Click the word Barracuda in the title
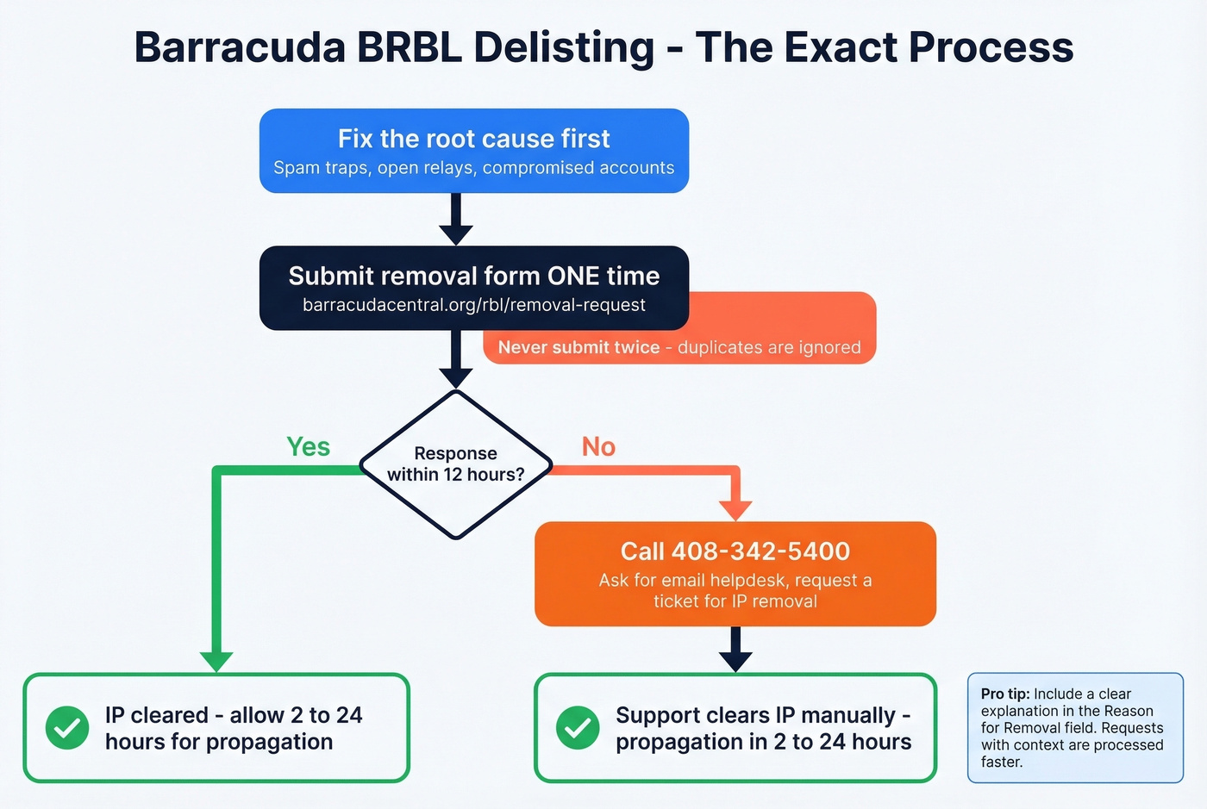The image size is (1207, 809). [x=240, y=47]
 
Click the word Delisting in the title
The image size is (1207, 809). [x=564, y=47]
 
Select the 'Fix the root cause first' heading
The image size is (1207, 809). [x=473, y=139]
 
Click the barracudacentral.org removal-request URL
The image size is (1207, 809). [x=473, y=305]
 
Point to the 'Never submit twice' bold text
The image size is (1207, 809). [x=578, y=347]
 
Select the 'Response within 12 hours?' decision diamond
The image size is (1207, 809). [x=455, y=464]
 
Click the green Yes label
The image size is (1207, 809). [x=308, y=446]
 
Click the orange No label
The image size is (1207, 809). [x=598, y=446]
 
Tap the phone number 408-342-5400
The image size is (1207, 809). [x=760, y=551]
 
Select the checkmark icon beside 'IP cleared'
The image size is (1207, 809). [x=67, y=728]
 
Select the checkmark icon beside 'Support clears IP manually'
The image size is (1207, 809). [x=578, y=728]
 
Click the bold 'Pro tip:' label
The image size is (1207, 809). [x=1005, y=694]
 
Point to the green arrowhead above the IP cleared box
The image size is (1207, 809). [x=216, y=660]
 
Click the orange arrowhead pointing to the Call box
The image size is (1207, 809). [x=735, y=509]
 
